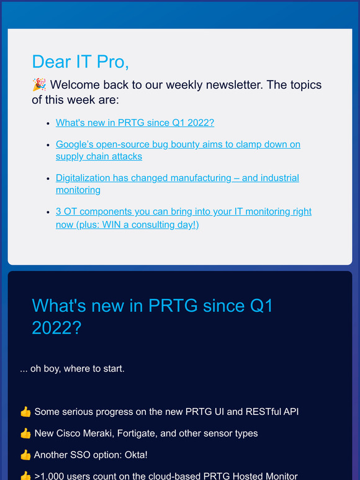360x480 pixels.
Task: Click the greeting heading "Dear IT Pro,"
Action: [x=80, y=61]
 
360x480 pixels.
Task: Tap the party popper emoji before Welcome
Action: [x=39, y=85]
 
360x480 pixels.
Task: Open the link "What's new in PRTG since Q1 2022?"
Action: [x=135, y=123]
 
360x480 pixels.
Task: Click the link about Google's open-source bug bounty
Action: [x=178, y=144]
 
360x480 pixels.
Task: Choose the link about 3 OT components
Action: [x=183, y=212]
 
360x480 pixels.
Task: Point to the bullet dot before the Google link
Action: [x=48, y=144]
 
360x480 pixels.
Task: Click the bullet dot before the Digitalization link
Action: [x=48, y=179]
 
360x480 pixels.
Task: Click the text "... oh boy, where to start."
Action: [x=72, y=368]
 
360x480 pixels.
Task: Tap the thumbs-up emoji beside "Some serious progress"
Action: [x=25, y=412]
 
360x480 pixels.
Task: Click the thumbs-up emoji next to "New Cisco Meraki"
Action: [x=25, y=433]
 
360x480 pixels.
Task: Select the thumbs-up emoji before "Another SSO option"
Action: [x=25, y=455]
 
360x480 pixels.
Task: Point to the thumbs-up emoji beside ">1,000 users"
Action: [x=25, y=476]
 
